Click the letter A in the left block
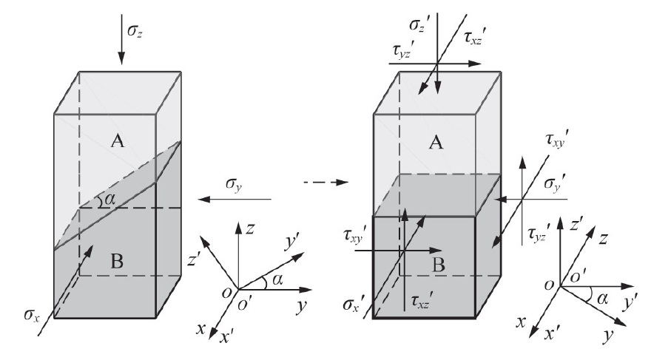[118, 141]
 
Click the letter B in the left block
[117, 262]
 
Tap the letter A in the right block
[436, 143]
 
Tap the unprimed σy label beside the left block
[234, 184]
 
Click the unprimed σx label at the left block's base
[32, 316]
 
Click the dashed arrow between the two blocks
[326, 182]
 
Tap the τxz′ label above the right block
[473, 38]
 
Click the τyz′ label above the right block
[402, 52]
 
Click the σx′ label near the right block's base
[354, 305]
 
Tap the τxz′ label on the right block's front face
[421, 301]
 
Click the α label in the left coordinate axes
[277, 280]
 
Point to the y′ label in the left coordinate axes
[290, 242]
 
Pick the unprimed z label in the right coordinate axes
[604, 238]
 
